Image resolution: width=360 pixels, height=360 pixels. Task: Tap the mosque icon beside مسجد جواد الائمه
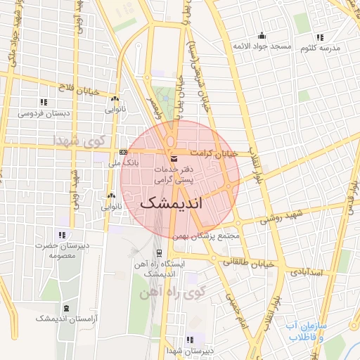[262, 36]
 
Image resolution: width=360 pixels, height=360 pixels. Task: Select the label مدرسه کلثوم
[320, 49]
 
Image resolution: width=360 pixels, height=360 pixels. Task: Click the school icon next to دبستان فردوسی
[44, 102]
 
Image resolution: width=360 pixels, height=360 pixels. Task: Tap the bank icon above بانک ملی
[123, 153]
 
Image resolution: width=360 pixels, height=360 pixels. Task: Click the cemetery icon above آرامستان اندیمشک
[66, 309]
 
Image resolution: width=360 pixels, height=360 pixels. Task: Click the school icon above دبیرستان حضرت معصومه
[62, 235]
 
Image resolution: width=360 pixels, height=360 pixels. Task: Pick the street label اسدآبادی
[307, 271]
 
